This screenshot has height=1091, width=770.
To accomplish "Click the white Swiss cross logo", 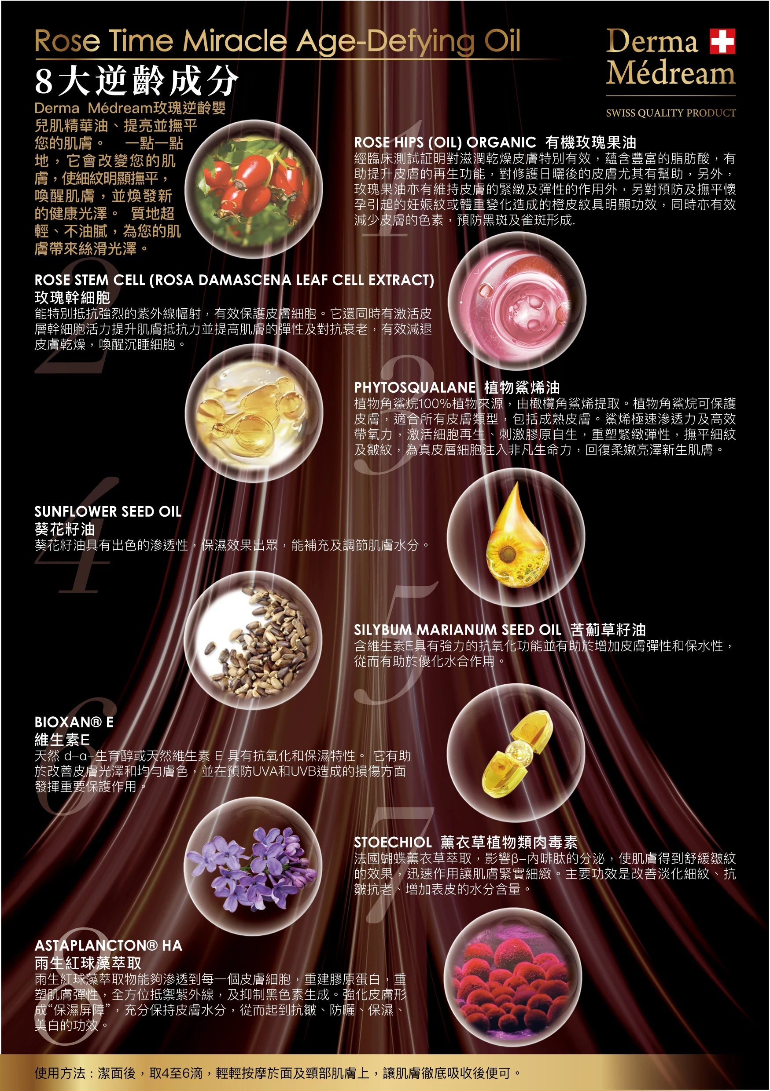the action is [722, 41].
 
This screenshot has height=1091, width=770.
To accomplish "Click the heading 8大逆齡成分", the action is [136, 80].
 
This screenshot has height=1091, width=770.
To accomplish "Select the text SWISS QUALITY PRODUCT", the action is [671, 113].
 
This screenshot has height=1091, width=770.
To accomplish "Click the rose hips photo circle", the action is [254, 189].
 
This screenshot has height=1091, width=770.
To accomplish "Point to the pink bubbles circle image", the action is [517, 301].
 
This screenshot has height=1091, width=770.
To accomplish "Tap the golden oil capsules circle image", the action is [254, 413].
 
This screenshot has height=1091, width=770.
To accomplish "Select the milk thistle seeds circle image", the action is [253, 641].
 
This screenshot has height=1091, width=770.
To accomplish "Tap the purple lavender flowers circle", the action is [253, 867].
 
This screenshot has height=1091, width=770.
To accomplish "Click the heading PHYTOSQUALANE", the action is [415, 387].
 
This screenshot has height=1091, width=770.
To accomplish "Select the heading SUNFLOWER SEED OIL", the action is [108, 512].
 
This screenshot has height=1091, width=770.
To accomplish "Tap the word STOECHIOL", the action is [393, 843].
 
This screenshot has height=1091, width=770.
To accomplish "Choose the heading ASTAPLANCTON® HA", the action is [108, 945].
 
